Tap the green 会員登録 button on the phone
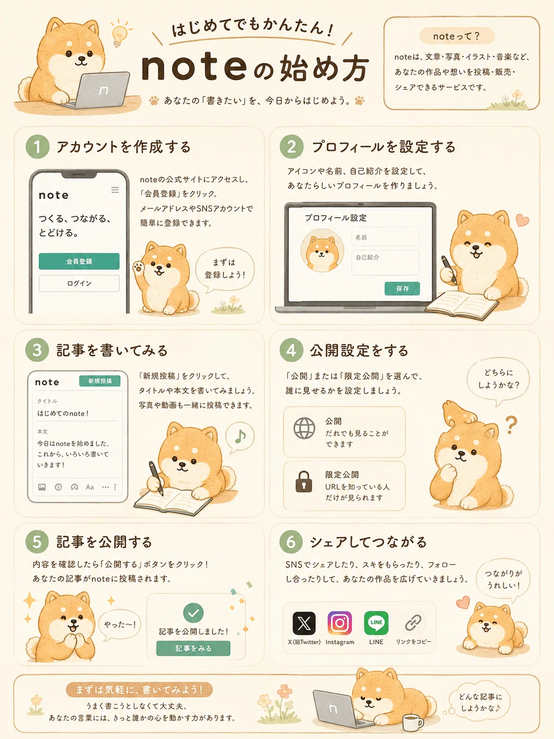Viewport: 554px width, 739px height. click(79, 261)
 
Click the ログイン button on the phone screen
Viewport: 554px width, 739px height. click(79, 283)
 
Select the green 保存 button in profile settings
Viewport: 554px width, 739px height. click(402, 288)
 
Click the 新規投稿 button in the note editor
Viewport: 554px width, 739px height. click(99, 381)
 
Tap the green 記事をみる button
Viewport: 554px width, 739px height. click(193, 648)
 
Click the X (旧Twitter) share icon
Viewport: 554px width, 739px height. click(304, 623)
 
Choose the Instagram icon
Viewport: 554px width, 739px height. click(340, 623)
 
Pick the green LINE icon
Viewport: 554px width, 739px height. click(376, 623)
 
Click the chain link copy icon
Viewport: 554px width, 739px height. click(413, 623)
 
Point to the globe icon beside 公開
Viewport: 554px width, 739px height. click(304, 428)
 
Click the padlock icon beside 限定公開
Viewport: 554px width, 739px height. click(304, 482)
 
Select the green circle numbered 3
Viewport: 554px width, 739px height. click(37, 350)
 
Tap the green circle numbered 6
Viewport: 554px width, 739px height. click(291, 541)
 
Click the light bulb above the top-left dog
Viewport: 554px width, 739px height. click(119, 34)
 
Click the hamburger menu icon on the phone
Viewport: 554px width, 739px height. click(115, 190)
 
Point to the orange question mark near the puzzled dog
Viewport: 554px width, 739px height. click(511, 425)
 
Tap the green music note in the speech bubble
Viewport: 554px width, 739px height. click(240, 437)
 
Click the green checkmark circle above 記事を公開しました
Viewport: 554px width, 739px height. click(193, 612)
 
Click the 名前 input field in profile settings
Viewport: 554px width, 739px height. click(386, 237)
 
